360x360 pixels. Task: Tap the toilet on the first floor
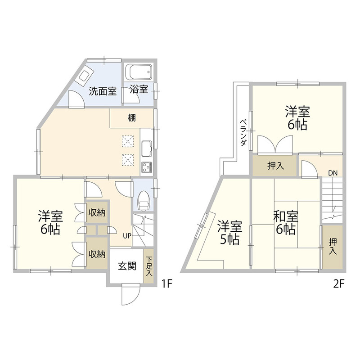click(144, 201)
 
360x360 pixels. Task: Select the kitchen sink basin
click(147, 148)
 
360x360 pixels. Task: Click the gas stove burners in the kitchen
click(147, 167)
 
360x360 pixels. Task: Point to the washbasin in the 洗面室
click(84, 75)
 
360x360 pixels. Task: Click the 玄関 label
click(127, 266)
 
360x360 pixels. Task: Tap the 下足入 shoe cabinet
click(149, 266)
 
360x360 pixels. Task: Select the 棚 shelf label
click(131, 118)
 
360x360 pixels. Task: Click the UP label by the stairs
click(127, 236)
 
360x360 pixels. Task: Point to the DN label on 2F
click(333, 173)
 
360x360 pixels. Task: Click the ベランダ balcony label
click(243, 133)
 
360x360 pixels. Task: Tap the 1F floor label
click(166, 284)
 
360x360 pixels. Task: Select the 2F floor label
click(339, 284)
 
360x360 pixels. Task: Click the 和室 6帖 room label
click(286, 223)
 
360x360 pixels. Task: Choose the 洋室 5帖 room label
click(230, 232)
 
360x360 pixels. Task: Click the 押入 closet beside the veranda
click(275, 166)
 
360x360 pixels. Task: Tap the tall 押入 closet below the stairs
click(333, 247)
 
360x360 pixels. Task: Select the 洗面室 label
click(103, 91)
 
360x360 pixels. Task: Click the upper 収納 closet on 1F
click(97, 212)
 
